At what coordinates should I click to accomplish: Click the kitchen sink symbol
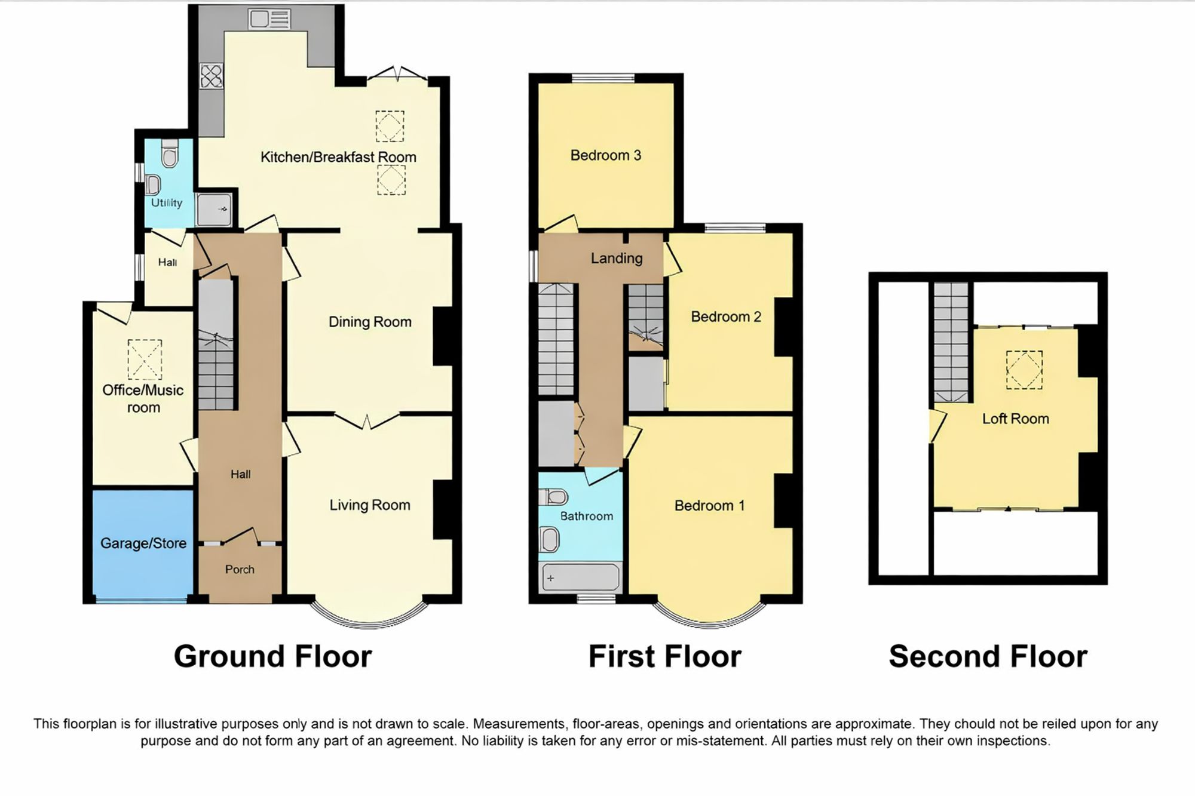pos(269,19)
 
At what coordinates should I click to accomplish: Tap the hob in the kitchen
pos(212,76)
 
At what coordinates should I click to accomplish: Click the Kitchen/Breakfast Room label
pos(338,157)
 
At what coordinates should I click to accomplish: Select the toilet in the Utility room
pos(170,153)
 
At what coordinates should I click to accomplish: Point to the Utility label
pos(166,203)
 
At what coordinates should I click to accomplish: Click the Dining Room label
pos(370,322)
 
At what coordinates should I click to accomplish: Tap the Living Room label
pos(370,505)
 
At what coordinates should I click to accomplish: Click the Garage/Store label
pos(143,543)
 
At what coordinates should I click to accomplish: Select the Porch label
pos(240,570)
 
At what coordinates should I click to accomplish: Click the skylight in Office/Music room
pos(145,359)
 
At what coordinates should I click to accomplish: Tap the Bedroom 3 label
pos(605,155)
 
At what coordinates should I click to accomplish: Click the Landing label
pos(617,258)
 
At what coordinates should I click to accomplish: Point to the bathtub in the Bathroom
pos(580,577)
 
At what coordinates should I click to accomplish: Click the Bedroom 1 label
pos(709,506)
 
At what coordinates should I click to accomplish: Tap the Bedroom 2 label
pos(726,316)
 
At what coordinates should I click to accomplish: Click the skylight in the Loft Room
pos(1024,370)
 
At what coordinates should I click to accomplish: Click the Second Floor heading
pos(988,656)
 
